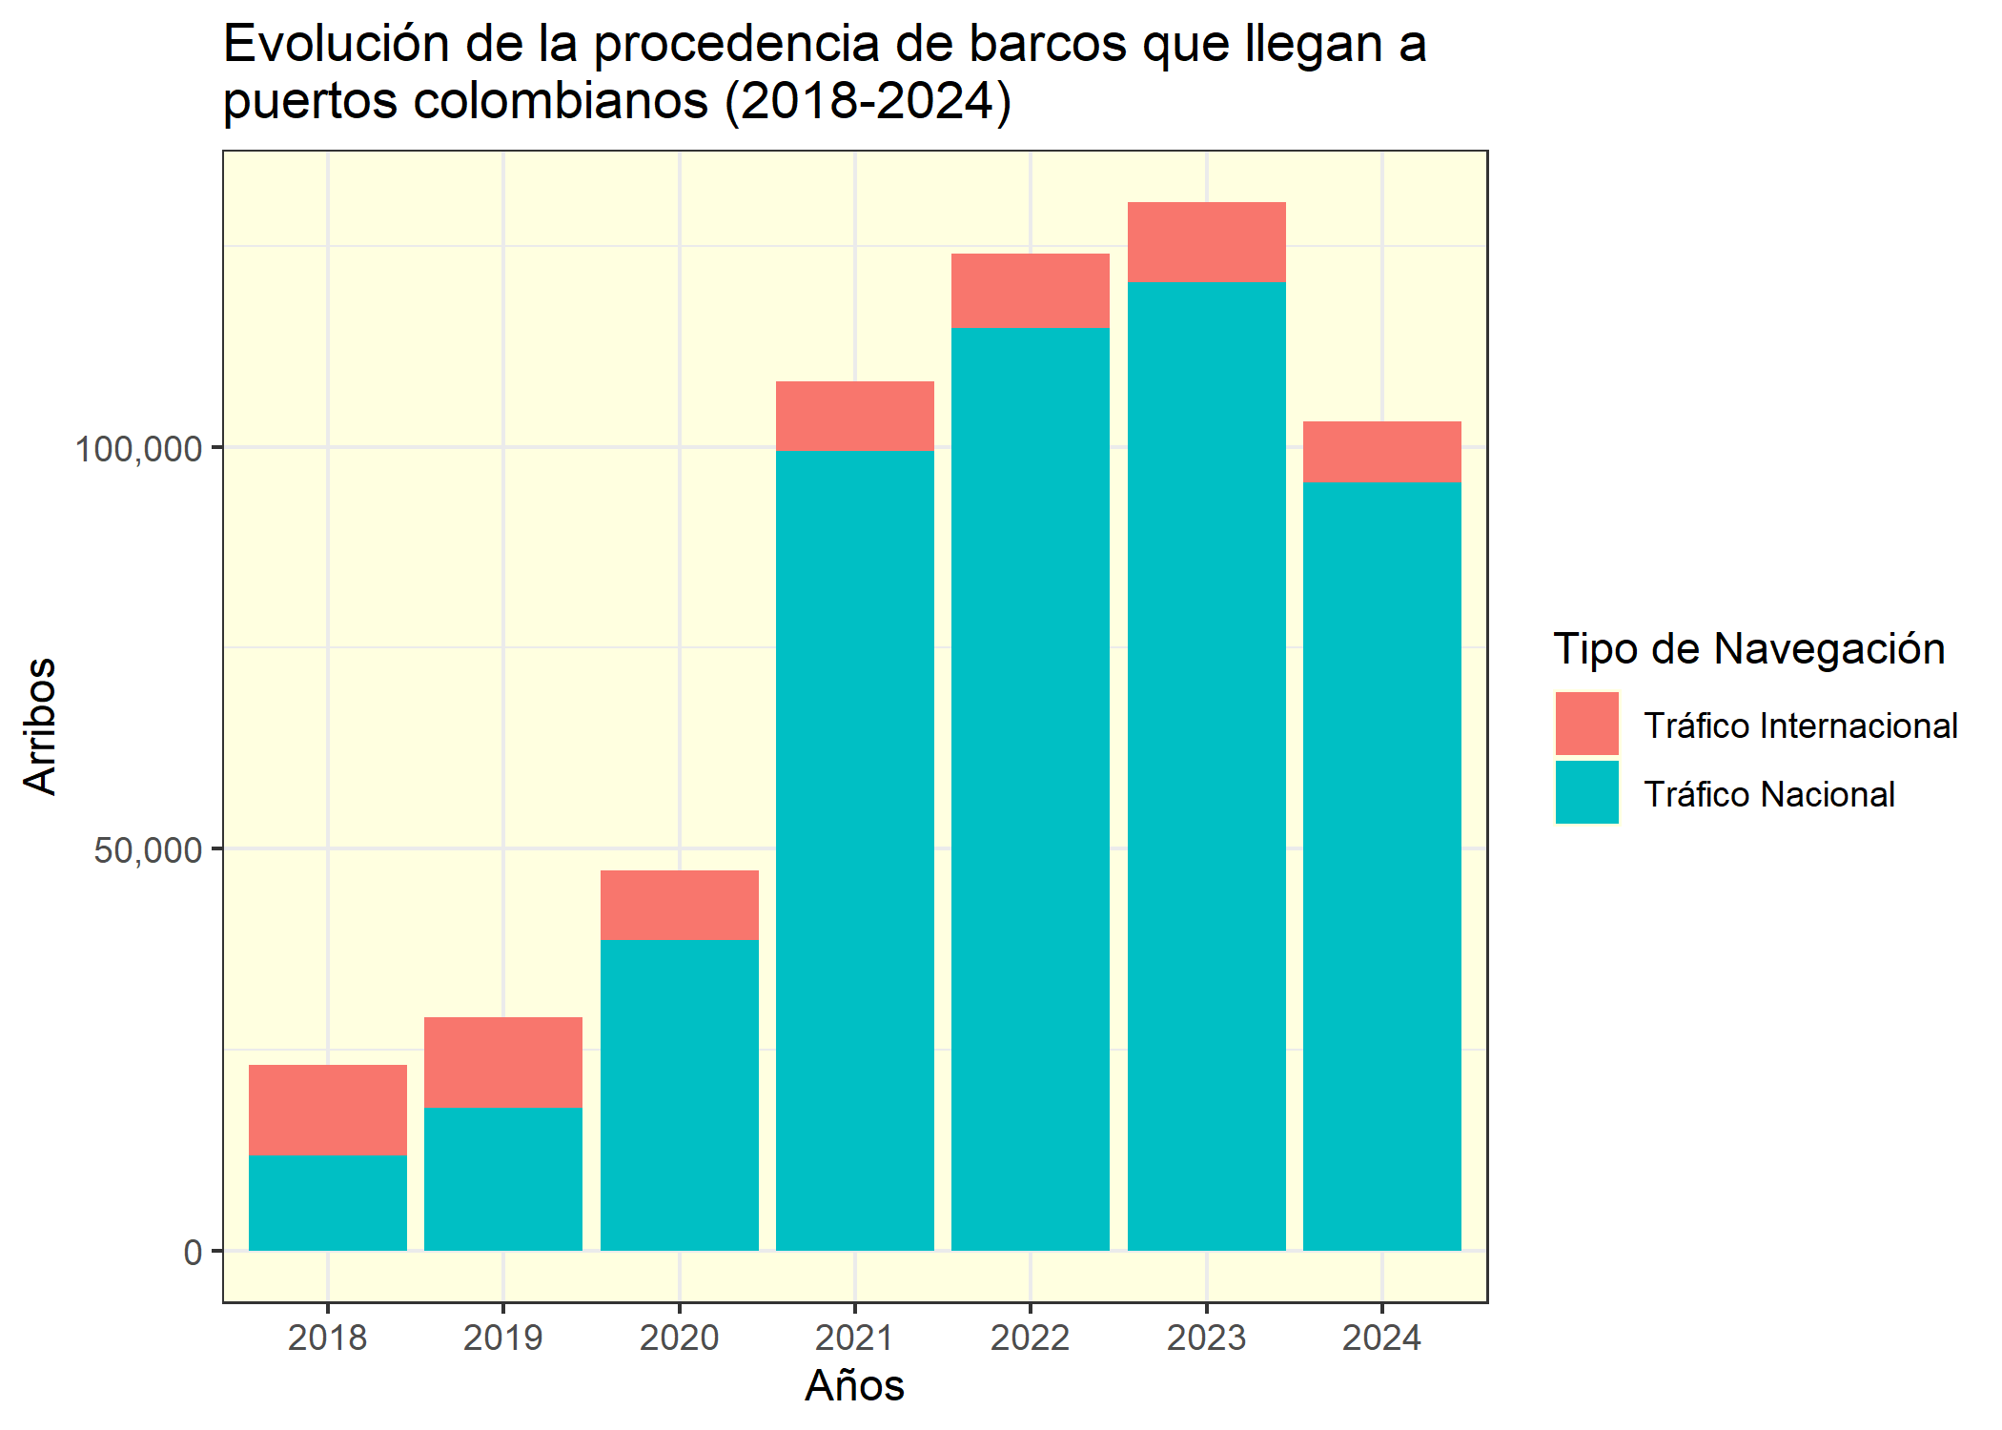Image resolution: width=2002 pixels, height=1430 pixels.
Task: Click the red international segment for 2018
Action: pyautogui.click(x=327, y=1110)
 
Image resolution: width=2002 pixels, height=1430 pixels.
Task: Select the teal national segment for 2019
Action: pyautogui.click(x=502, y=1178)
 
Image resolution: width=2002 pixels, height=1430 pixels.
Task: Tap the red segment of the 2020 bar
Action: pyautogui.click(x=679, y=905)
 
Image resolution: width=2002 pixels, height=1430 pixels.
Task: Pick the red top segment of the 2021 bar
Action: pyautogui.click(x=854, y=416)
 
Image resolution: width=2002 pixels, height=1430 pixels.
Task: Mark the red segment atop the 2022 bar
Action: pyautogui.click(x=1030, y=291)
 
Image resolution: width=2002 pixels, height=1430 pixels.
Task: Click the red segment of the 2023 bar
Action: pyautogui.click(x=1206, y=242)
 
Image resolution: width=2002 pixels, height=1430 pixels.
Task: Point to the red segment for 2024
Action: pyautogui.click(x=1381, y=452)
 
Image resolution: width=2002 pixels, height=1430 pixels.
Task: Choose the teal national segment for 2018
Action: pyautogui.click(x=327, y=1202)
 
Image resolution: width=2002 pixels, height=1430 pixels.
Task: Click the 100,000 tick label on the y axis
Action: pyautogui.click(x=139, y=448)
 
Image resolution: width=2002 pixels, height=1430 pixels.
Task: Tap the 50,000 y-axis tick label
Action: pyautogui.click(x=149, y=849)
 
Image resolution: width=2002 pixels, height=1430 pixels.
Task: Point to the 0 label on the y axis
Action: pyautogui.click(x=194, y=1252)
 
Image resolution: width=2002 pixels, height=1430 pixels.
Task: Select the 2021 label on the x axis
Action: pyautogui.click(x=854, y=1338)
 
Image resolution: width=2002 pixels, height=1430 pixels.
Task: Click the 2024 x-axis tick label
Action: pyautogui.click(x=1381, y=1338)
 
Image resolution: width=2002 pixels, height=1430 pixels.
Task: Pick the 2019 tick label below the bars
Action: pyautogui.click(x=502, y=1338)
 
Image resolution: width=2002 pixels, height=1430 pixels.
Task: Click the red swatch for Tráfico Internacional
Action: pyautogui.click(x=1586, y=724)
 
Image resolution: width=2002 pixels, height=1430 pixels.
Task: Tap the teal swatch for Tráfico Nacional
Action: pyautogui.click(x=1586, y=792)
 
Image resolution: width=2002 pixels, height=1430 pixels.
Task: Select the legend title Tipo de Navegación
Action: pyautogui.click(x=1748, y=649)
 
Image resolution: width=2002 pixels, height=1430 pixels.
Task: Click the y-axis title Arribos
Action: pyautogui.click(x=40, y=725)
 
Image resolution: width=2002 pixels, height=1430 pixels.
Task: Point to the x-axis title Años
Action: pyautogui.click(x=854, y=1385)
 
